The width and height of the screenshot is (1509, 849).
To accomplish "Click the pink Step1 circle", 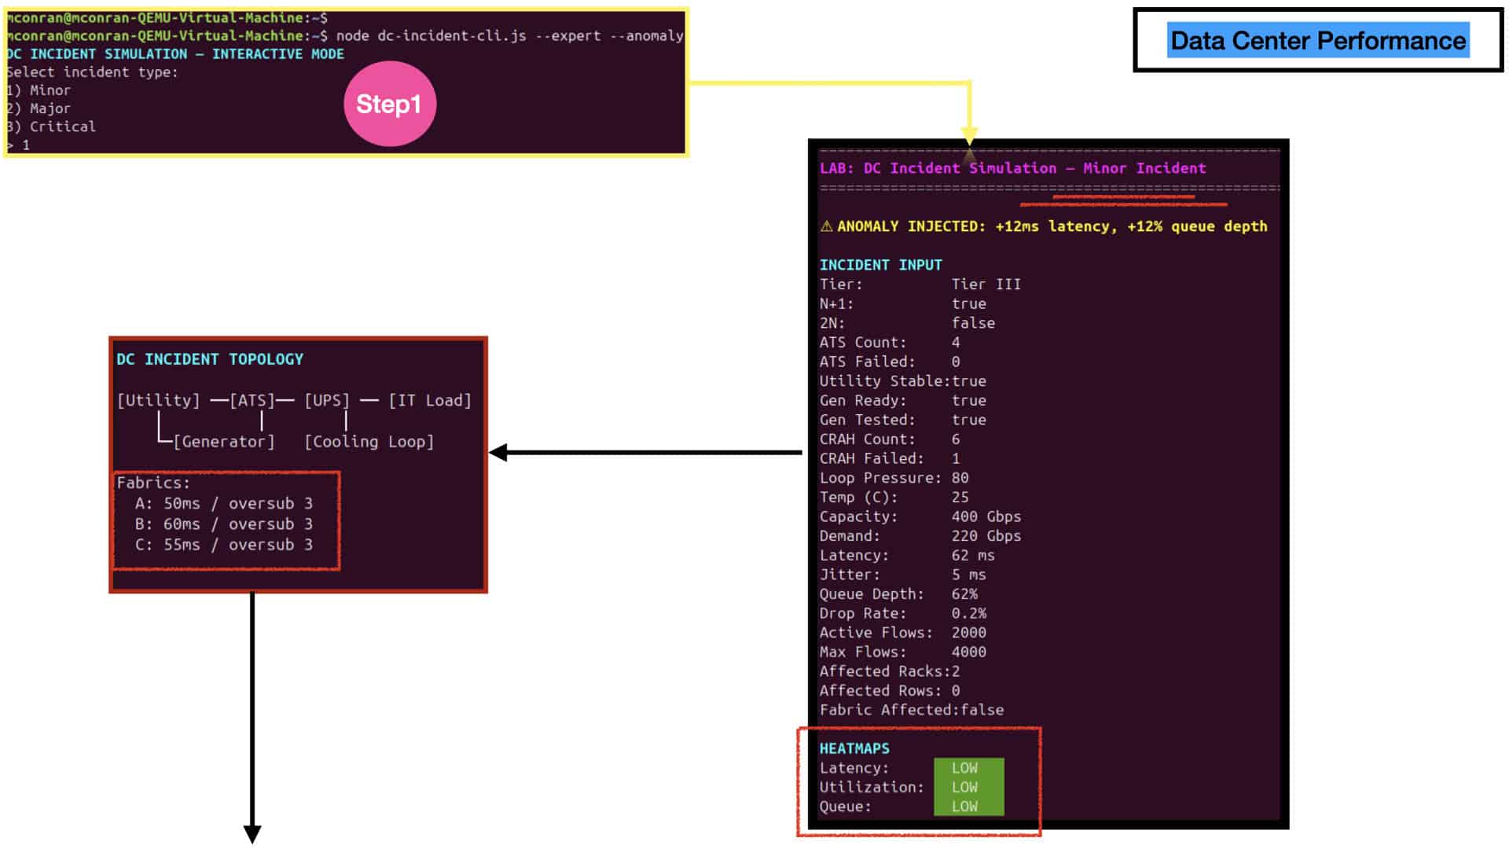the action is point(390,104).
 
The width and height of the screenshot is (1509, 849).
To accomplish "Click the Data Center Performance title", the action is point(1318,40).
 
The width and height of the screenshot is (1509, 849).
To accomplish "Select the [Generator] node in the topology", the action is point(224,442).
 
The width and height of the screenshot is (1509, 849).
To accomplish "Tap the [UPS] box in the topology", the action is point(327,400).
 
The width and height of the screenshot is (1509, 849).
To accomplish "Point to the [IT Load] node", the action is point(430,400).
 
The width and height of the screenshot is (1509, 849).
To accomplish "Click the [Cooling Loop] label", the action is point(369,442).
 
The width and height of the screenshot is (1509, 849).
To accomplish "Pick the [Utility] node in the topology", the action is point(158,400).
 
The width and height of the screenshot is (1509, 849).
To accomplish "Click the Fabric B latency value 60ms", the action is point(182,524).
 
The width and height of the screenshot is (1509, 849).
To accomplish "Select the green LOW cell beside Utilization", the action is point(968,787).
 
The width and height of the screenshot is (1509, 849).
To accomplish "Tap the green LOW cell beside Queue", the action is point(968,807).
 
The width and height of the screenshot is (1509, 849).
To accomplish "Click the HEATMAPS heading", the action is point(854,748).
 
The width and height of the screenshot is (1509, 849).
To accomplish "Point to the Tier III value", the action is point(986,284).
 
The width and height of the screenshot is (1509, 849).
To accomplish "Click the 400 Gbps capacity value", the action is point(986,516).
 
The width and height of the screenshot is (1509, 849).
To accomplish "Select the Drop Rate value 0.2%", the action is point(968,613).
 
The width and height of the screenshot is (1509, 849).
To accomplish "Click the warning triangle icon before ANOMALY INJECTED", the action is point(826,226).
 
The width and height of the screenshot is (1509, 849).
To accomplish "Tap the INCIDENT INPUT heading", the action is point(880,265).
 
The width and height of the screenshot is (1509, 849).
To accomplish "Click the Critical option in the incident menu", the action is point(62,127).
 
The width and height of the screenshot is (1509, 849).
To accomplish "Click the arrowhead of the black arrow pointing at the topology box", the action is point(498,453).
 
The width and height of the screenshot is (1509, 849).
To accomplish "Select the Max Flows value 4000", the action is point(968,652).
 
